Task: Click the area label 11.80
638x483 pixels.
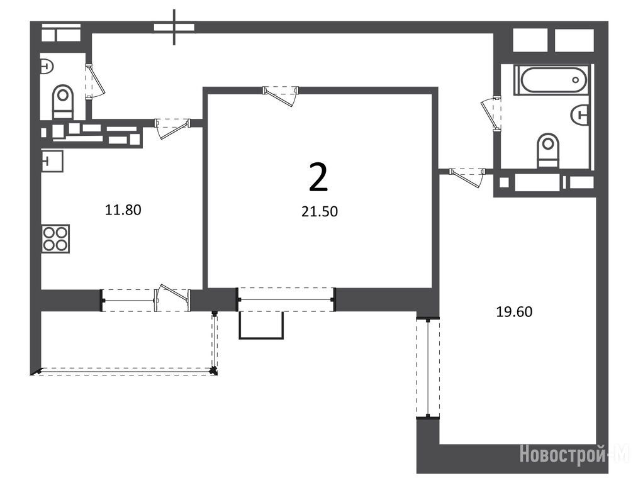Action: coord(123,210)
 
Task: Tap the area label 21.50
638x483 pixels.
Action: coord(320,211)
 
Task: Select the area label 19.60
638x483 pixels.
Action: coord(514,311)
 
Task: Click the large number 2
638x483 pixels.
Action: coord(318,177)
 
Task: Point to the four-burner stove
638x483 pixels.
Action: coord(56,238)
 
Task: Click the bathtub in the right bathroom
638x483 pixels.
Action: coord(551,80)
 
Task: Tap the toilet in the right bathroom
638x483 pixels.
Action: coord(547,150)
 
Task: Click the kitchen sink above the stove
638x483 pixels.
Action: coord(52,161)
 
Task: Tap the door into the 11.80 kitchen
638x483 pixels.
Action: coord(172,128)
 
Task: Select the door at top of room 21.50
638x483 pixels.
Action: coord(281,95)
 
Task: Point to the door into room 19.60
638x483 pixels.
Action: coord(467,177)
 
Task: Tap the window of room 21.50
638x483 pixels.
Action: coord(286,299)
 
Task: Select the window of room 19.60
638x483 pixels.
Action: coord(428,368)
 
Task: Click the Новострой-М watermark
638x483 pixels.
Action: coord(574,453)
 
